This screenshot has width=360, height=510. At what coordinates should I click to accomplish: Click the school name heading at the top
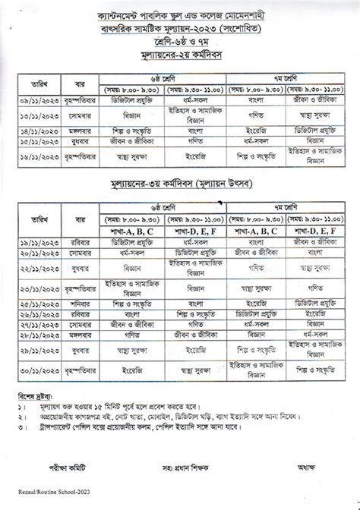179,14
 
